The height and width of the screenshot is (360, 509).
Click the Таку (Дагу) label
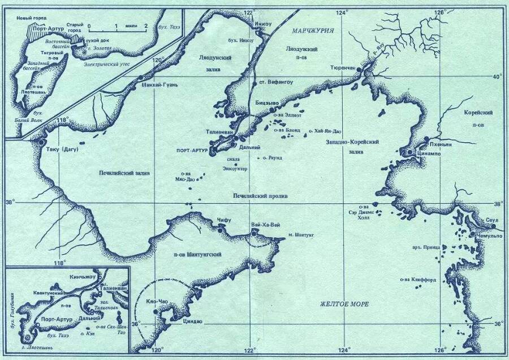(62, 149)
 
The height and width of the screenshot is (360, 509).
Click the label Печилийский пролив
(261, 196)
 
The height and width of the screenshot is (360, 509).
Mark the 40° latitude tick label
(498, 77)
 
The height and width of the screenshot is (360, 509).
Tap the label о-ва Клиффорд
(417, 278)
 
